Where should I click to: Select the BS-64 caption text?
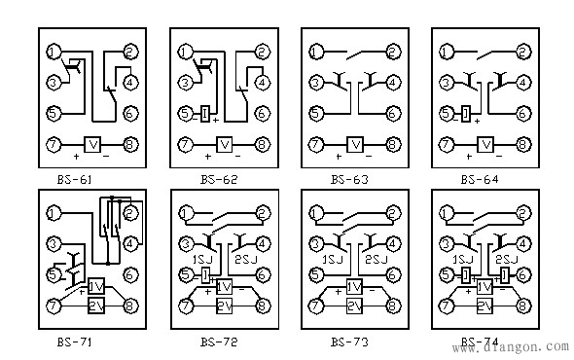coord(478,179)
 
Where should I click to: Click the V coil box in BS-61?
coord(94,145)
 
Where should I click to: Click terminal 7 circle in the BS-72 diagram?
coord(183,306)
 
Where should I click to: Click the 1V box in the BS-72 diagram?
coord(224,288)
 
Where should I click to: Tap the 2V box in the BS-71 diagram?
coord(94,306)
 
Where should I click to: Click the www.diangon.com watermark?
coord(511,343)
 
